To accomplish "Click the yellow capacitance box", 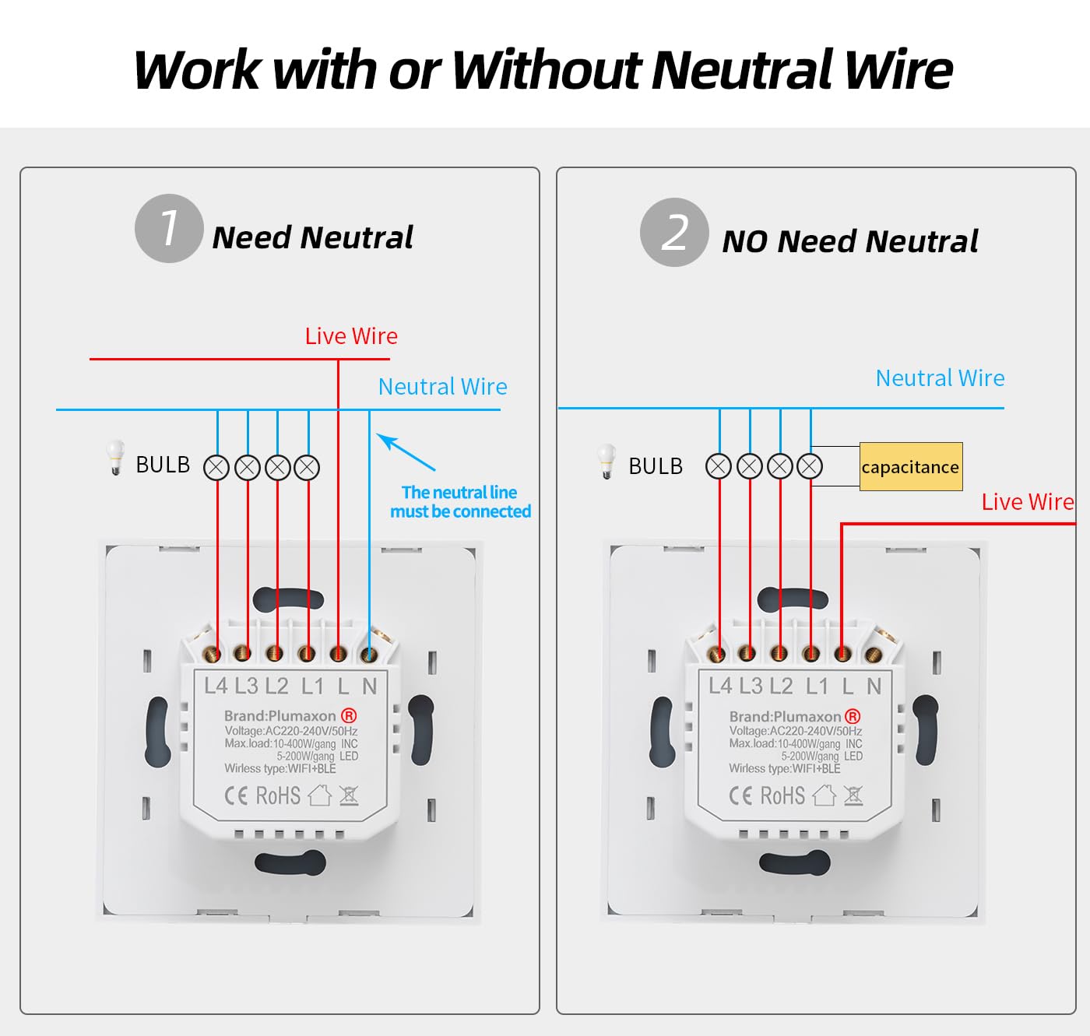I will [x=911, y=467].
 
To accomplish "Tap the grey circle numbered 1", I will [x=169, y=228].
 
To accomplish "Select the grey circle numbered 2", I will [x=674, y=232].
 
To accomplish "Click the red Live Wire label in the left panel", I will [x=351, y=336].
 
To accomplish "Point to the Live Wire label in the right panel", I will [x=1028, y=502].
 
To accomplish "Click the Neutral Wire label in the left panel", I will [x=442, y=387].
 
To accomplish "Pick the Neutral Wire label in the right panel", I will [x=940, y=378].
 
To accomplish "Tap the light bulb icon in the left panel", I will [x=115, y=457].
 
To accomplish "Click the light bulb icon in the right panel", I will [x=607, y=461].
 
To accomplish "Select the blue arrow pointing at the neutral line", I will [x=406, y=452].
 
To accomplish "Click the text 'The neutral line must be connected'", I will [x=460, y=502].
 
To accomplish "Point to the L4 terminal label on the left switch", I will [x=216, y=686].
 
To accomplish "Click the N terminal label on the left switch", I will [x=369, y=687].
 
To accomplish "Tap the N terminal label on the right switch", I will [x=874, y=687].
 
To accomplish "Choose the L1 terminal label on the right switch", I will [x=817, y=687].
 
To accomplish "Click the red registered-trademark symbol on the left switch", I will [x=348, y=715].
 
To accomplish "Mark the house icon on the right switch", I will [x=824, y=795].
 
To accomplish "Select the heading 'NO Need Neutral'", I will [x=849, y=241].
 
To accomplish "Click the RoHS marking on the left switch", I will [x=278, y=795].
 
